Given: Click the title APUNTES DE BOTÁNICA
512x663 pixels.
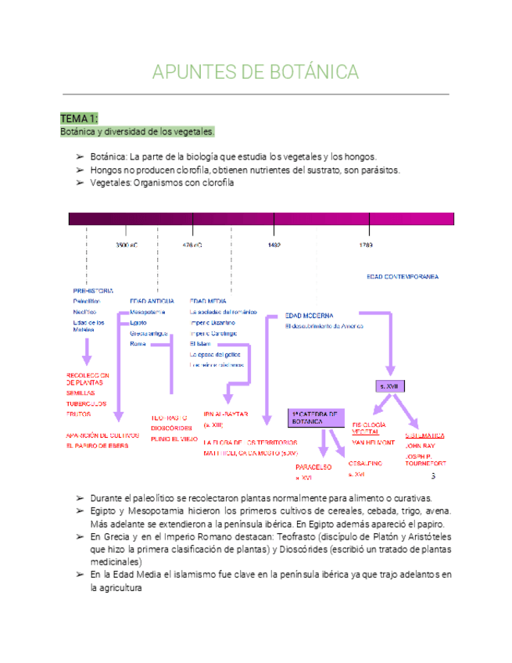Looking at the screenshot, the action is tap(256, 73).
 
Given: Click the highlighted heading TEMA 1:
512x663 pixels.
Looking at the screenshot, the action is tap(79, 118).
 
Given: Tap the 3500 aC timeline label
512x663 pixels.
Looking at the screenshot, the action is tap(127, 245).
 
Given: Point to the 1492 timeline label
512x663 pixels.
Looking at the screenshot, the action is tap(274, 245).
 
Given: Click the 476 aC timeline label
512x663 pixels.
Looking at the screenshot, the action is tap(192, 245).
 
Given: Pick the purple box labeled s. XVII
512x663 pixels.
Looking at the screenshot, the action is tap(388, 386).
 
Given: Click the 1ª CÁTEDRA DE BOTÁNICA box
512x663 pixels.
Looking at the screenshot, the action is tap(316, 418).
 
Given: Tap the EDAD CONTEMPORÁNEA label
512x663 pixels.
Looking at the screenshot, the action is tap(402, 277).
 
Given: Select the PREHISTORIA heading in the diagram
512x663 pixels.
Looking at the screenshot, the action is tap(93, 291).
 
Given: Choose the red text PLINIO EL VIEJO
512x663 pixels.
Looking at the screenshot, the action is tap(174, 439).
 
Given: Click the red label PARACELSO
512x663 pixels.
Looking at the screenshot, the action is tap(313, 467).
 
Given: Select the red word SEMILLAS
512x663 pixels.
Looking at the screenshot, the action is tap(81, 393).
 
